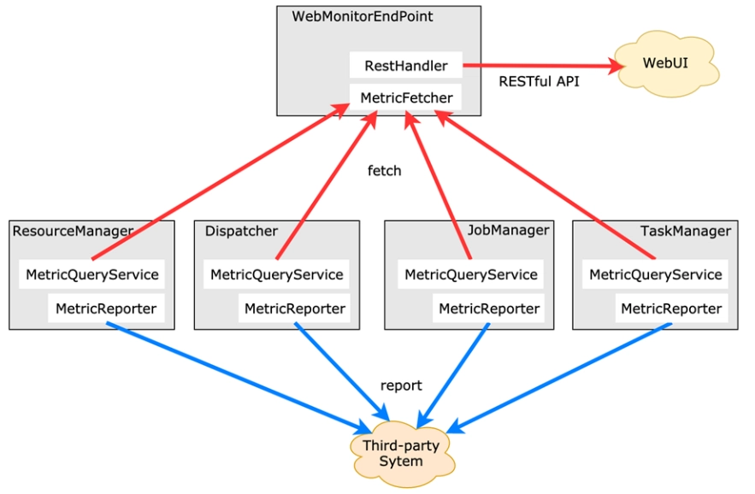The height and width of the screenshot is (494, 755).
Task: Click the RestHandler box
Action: pyautogui.click(x=406, y=65)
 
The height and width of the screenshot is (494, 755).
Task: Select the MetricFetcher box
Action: pyautogui.click(x=405, y=97)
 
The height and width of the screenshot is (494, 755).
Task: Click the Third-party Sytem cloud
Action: pyautogui.click(x=402, y=454)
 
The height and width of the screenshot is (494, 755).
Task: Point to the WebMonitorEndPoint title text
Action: pyautogui.click(x=362, y=16)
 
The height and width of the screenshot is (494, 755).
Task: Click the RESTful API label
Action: pyautogui.click(x=539, y=81)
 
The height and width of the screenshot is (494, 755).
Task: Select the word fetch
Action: pyautogui.click(x=384, y=170)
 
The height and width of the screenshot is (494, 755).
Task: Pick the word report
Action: pyautogui.click(x=401, y=385)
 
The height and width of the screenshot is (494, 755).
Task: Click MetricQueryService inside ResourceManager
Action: pyautogui.click(x=92, y=274)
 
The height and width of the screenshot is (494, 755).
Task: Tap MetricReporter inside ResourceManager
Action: pyautogui.click(x=106, y=309)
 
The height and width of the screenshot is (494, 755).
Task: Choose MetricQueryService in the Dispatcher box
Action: pyautogui.click(x=276, y=274)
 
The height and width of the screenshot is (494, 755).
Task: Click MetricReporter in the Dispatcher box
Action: pyautogui.click(x=295, y=309)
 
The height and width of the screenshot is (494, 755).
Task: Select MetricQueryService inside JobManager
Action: pyautogui.click(x=470, y=274)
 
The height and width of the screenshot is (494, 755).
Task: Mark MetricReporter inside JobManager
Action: pyautogui.click(x=489, y=309)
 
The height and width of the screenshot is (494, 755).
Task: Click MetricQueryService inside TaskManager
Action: pyautogui.click(x=655, y=274)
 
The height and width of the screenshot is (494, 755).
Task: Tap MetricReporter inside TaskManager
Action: pyautogui.click(x=671, y=309)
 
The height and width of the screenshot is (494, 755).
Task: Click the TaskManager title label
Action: pyautogui.click(x=686, y=231)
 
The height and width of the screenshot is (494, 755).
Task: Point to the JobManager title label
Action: pyautogui.click(x=509, y=230)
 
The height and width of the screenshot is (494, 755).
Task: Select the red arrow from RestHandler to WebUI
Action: pyautogui.click(x=543, y=66)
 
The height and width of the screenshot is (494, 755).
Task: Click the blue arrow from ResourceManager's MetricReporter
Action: pyautogui.click(x=239, y=378)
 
